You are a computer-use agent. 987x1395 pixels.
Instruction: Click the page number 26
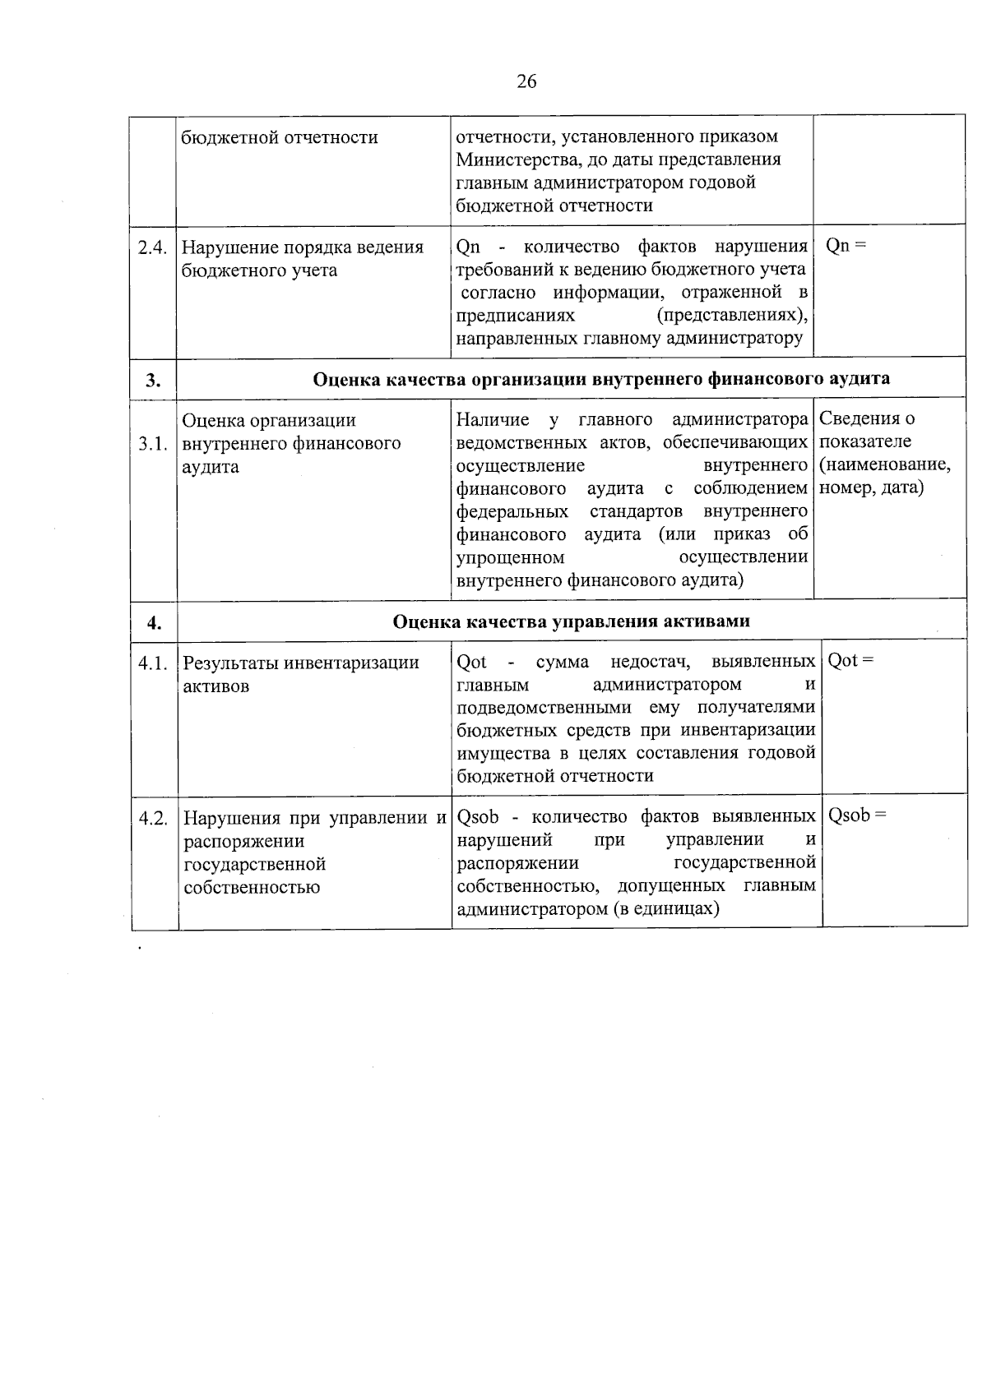tap(526, 81)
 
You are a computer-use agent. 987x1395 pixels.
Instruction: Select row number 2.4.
tap(153, 247)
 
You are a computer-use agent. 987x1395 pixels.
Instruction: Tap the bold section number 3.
tap(153, 380)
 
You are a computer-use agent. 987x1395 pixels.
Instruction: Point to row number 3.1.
tap(154, 444)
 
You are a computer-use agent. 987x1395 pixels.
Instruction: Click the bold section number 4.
tap(155, 623)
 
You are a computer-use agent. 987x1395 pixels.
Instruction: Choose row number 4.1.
tap(154, 663)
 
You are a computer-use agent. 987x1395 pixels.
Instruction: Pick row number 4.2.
tap(154, 819)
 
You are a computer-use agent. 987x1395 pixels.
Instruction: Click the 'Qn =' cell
tap(846, 246)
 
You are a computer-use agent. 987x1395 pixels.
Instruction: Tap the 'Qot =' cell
tap(850, 661)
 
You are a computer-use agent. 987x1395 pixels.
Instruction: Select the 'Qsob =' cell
tap(857, 815)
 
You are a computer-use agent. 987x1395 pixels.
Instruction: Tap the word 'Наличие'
tap(493, 420)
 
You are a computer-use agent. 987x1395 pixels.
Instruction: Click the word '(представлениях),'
tap(732, 316)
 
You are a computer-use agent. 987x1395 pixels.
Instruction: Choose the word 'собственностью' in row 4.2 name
tap(252, 888)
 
